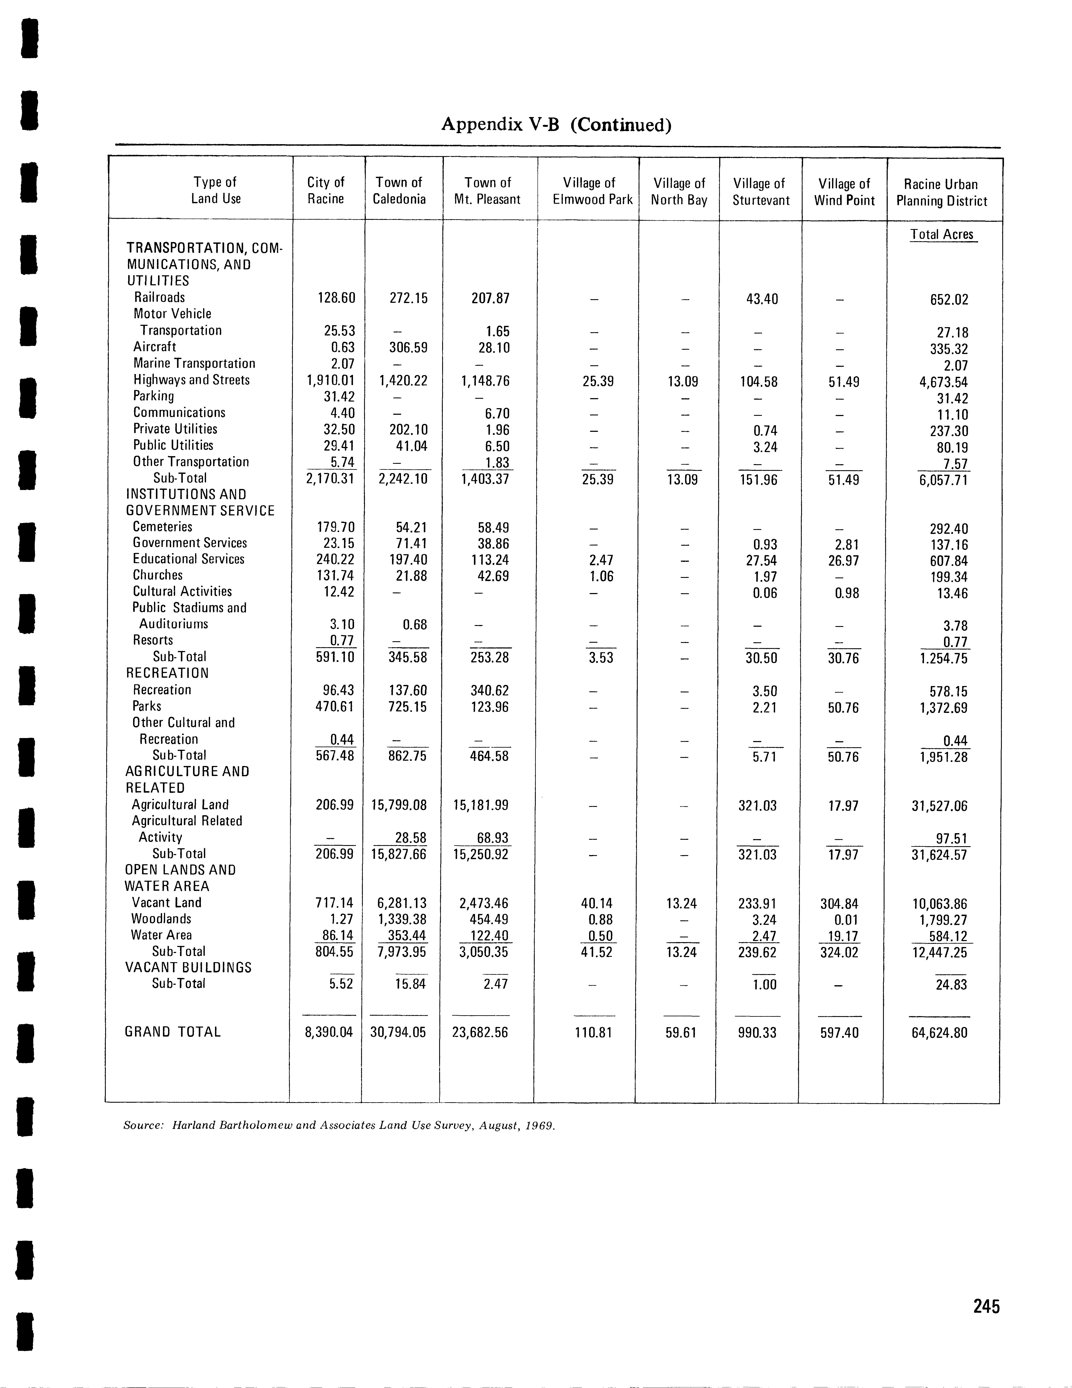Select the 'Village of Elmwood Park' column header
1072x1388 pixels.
592,191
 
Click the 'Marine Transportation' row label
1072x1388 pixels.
194,364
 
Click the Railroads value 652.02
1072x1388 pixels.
949,299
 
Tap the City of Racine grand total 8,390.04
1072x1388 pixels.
325,1032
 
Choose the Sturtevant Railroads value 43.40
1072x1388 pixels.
762,299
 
